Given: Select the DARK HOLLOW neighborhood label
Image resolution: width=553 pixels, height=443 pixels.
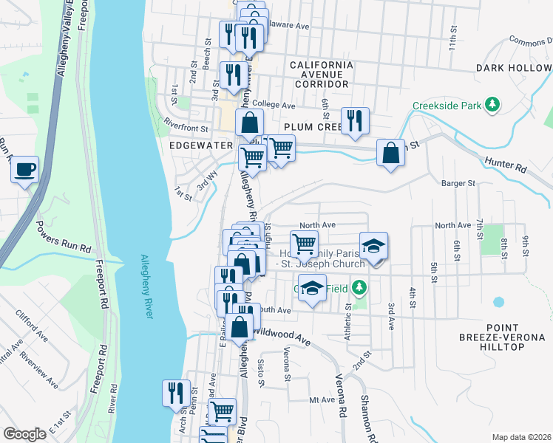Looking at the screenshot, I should (x=514, y=68).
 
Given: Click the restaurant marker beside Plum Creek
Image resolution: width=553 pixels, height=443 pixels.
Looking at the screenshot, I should (x=355, y=120).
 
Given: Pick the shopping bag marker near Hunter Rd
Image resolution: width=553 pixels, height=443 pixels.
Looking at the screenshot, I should (x=390, y=154).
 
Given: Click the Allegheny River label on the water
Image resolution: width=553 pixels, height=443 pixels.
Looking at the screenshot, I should (x=145, y=288).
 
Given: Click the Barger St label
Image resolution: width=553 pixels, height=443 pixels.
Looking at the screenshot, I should (x=457, y=183).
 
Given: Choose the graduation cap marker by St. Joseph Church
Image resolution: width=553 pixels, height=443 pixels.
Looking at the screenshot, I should (x=374, y=247).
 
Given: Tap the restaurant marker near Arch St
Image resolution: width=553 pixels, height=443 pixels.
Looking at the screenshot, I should (x=175, y=392).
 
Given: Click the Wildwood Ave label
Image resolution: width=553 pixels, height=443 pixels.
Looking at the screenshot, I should (x=282, y=337).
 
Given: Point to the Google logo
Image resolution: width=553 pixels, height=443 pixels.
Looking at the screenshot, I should (x=24, y=434).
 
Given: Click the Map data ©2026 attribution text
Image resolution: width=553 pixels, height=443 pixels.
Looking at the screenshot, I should (x=521, y=436).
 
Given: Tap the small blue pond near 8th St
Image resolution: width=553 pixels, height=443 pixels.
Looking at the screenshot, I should (x=498, y=302).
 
